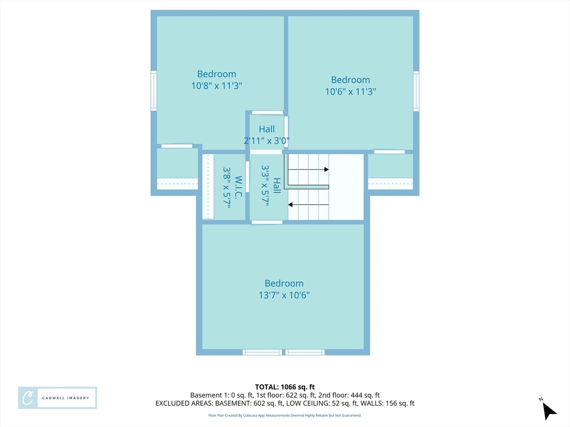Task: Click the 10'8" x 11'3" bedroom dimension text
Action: coord(217,86)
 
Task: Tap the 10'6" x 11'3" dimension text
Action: coord(351,92)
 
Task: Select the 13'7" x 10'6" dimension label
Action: coord(284,295)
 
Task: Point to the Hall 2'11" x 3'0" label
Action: coord(267,135)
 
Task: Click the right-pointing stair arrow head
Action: coord(326,170)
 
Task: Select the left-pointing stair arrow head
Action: coord(291,205)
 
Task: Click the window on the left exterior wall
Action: coord(154,91)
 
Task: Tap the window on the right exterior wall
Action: coord(416,91)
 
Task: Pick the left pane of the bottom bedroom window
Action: coord(262,352)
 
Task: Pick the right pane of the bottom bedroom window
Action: coord(304,352)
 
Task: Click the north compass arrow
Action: coord(549,411)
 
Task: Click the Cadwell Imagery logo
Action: coord(57,398)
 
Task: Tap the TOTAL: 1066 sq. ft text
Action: coord(284,387)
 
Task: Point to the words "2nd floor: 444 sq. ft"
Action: coord(349,395)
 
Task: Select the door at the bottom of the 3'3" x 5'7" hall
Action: coord(267,222)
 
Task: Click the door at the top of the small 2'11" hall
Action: coord(268,112)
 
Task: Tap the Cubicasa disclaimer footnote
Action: coord(284,415)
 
